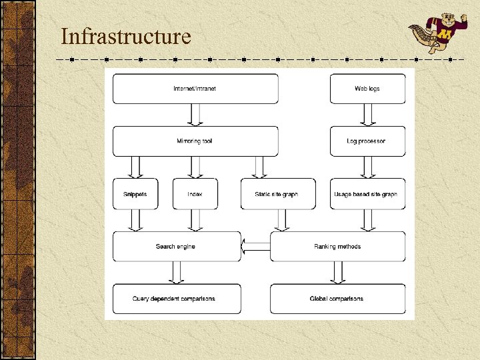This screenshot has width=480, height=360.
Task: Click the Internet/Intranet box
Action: [x=195, y=89]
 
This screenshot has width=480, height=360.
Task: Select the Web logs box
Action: [x=367, y=89]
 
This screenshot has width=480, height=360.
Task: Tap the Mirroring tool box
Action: [x=195, y=141]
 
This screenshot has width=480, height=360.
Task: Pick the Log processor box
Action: [x=367, y=141]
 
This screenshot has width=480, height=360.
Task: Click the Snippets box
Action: [x=135, y=194]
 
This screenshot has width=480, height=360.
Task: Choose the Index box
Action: [x=195, y=194]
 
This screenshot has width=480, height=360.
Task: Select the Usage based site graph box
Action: [x=367, y=194]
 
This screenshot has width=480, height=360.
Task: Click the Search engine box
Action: [x=176, y=247]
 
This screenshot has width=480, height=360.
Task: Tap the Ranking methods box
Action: [x=337, y=247]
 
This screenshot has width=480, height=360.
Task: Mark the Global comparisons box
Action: [x=337, y=299]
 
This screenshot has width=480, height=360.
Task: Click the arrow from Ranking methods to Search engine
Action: [x=255, y=247]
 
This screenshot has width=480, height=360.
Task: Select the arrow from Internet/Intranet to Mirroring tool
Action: [x=195, y=115]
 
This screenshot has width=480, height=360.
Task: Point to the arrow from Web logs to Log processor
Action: [x=367, y=115]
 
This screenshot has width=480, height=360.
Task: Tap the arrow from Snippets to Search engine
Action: [x=135, y=221]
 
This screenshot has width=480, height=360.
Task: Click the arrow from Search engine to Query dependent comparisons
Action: [x=176, y=273]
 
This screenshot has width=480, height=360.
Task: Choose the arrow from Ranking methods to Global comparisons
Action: [x=337, y=273]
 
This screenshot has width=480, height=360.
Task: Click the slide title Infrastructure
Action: [x=125, y=36]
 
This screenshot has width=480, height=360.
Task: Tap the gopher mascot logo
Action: [x=432, y=33]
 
